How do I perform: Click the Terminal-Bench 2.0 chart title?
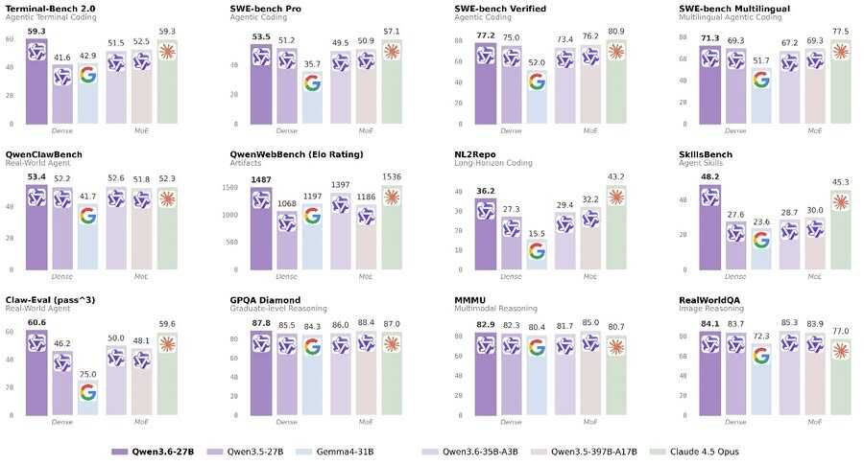[x=50, y=9]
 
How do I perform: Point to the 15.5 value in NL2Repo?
[x=536, y=234]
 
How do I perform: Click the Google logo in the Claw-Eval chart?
[x=87, y=391]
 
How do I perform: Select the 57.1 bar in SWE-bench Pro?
[x=393, y=86]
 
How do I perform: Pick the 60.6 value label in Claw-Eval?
[x=36, y=323]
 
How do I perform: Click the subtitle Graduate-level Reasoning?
[x=278, y=309]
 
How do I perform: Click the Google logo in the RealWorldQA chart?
[x=761, y=356]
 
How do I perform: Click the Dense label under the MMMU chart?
[x=511, y=421]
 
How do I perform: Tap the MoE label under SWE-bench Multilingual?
[x=814, y=130]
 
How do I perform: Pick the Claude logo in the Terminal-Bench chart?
[x=168, y=51]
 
